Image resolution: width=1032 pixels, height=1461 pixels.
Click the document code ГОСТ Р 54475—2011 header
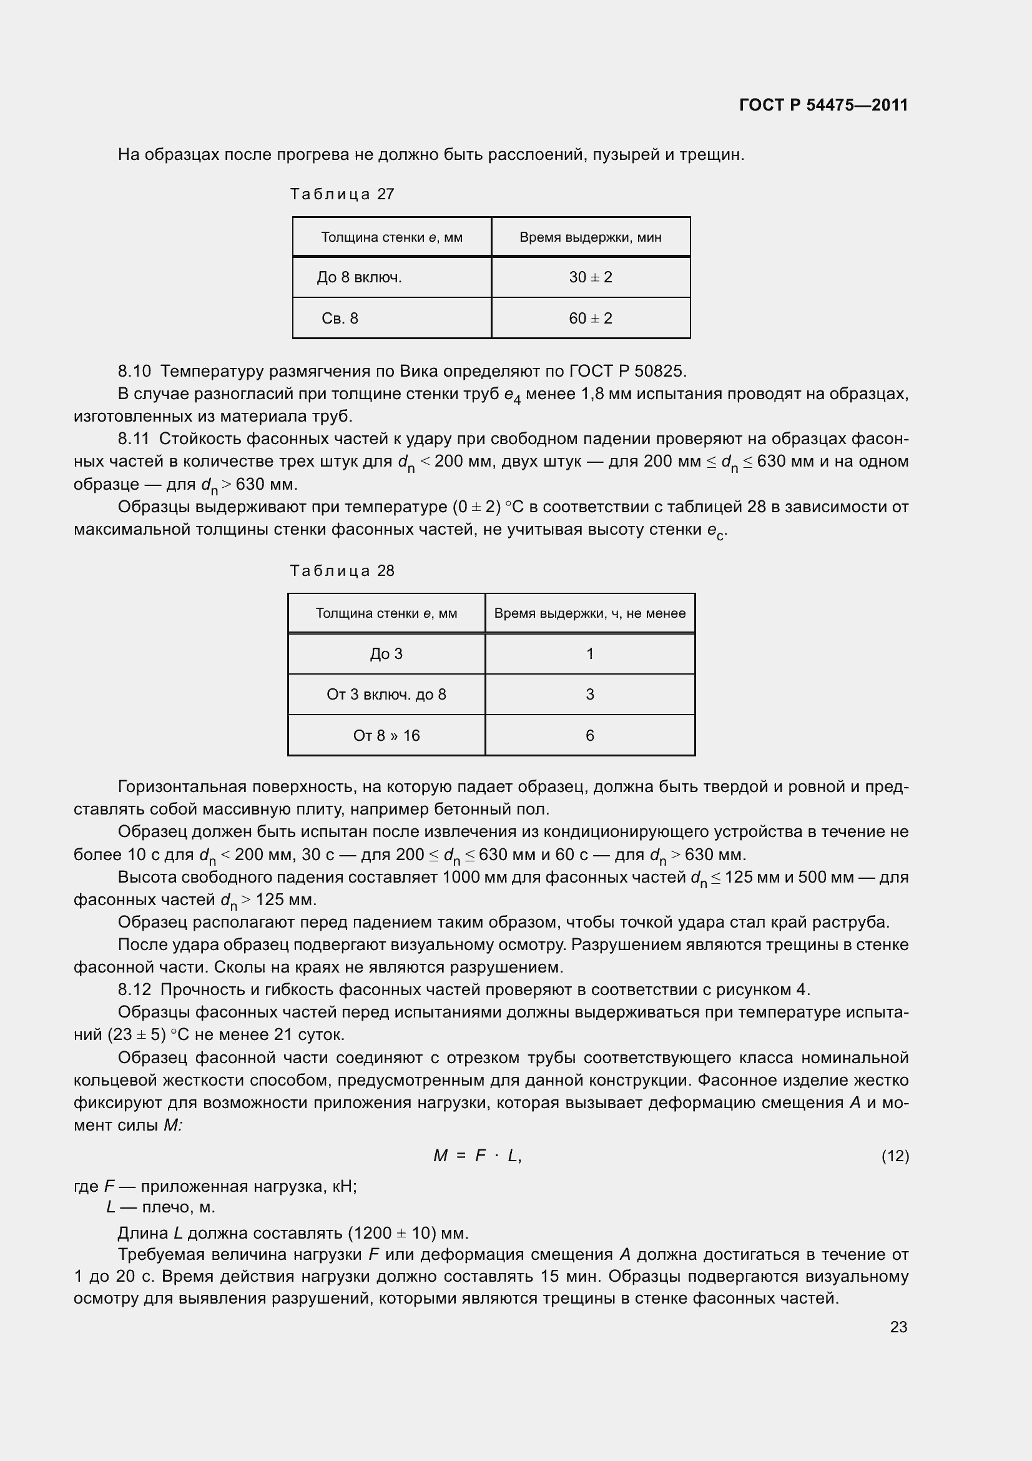click(823, 105)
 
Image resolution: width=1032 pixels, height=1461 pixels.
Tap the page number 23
click(898, 1327)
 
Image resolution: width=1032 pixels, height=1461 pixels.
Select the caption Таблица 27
click(342, 194)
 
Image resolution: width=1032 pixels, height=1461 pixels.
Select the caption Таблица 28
click(342, 571)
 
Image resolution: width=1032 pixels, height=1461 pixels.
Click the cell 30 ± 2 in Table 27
click(590, 277)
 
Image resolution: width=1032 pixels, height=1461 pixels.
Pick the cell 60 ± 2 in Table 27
click(590, 318)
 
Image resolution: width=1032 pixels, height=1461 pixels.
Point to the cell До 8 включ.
click(359, 277)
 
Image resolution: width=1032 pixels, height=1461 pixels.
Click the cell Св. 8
click(340, 318)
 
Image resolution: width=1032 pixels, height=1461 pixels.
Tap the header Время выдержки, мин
click(590, 237)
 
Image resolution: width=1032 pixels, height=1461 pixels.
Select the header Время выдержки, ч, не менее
click(589, 613)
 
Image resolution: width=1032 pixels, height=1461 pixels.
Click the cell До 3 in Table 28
click(386, 654)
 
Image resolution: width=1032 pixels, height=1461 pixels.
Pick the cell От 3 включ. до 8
click(386, 694)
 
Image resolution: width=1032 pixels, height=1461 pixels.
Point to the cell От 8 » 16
click(386, 736)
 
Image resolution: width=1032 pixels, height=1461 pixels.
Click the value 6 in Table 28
click(589, 736)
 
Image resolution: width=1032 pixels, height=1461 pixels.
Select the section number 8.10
click(134, 371)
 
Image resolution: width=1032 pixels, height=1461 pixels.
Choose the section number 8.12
click(134, 989)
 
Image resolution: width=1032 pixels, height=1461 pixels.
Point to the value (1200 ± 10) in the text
click(391, 1233)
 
